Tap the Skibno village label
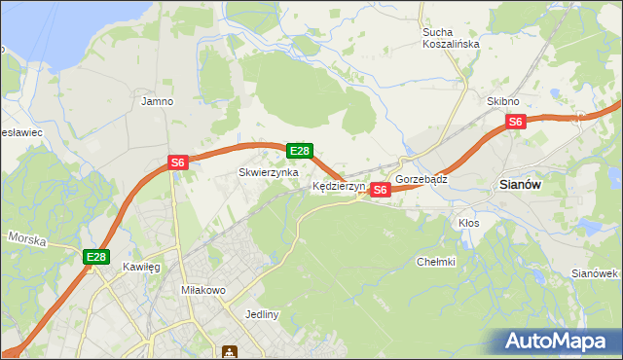(503, 101)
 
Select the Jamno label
(157, 101)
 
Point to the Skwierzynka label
(269, 172)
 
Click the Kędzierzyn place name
(339, 185)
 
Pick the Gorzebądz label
(421, 180)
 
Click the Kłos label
(469, 223)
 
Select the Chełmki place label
(436, 261)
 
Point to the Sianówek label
(596, 273)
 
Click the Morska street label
(27, 238)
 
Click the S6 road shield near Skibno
(515, 122)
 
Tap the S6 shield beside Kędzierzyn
(381, 190)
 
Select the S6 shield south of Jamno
(177, 162)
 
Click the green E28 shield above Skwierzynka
(300, 151)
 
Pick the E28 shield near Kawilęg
(94, 257)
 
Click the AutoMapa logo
(554, 342)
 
